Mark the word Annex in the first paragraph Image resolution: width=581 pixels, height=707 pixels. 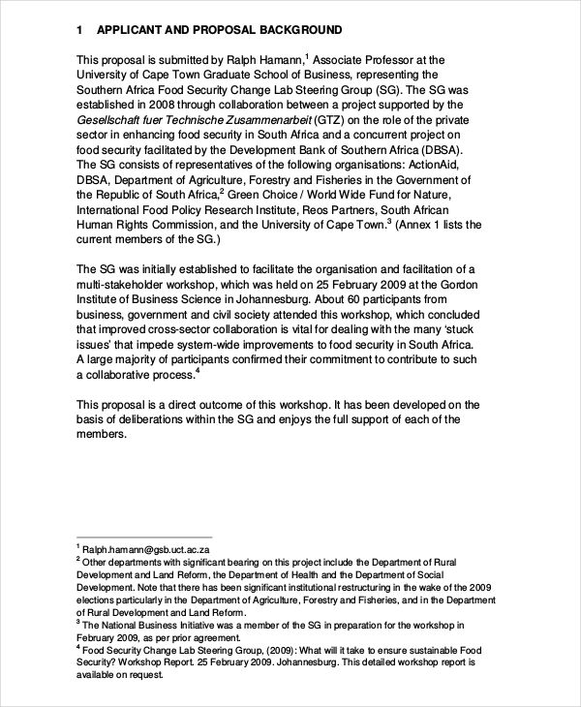pos(421,225)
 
